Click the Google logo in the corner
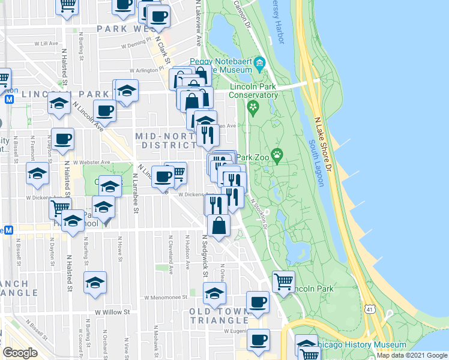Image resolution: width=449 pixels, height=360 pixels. tap(20, 353)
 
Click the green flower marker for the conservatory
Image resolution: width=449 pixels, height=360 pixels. tap(253, 109)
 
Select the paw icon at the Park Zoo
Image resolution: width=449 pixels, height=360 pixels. tap(277, 157)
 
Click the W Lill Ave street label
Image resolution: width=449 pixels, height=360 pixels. tap(47, 44)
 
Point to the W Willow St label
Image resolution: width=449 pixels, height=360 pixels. tap(112, 312)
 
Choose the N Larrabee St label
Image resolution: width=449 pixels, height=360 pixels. tap(136, 193)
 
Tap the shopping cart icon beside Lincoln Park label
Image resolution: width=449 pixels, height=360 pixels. tap(283, 280)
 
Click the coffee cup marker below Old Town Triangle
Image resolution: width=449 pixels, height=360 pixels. tap(259, 340)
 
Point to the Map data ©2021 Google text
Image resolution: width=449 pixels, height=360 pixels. tap(412, 355)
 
